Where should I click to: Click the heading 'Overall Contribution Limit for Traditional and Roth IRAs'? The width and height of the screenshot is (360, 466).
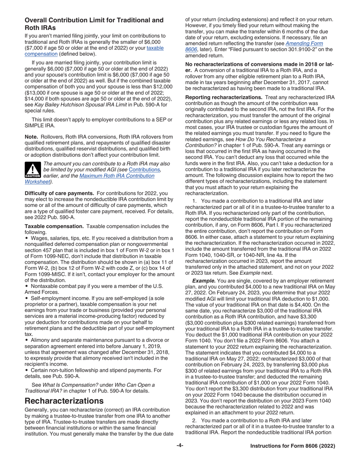pos(94,24)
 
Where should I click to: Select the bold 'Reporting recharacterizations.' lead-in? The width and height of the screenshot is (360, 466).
pos(224,97)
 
